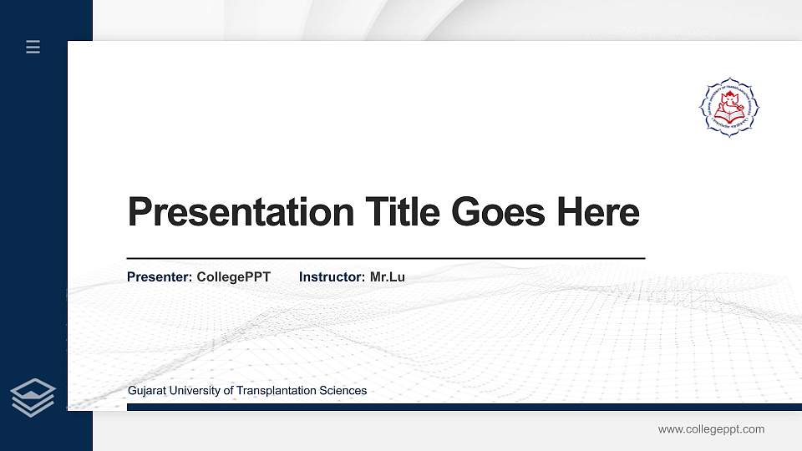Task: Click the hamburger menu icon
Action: click(33, 47)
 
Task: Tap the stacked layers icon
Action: click(33, 397)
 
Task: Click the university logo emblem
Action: click(729, 107)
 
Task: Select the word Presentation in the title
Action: click(241, 212)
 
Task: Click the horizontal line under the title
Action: click(385, 259)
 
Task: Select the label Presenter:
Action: click(160, 276)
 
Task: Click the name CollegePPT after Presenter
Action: click(233, 276)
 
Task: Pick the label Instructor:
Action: click(332, 276)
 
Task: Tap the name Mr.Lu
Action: click(388, 276)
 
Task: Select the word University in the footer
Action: click(195, 391)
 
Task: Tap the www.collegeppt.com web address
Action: click(711, 429)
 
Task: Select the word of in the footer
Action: click(230, 391)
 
